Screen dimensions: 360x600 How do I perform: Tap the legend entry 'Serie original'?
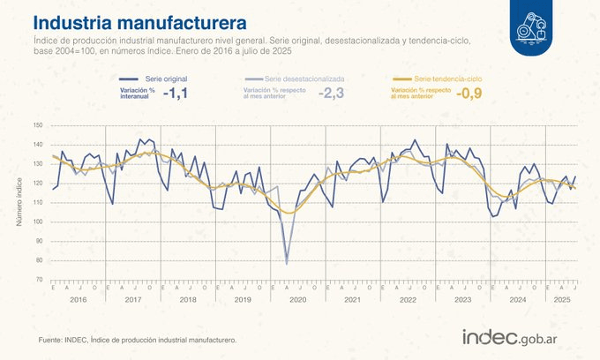coord(166,79)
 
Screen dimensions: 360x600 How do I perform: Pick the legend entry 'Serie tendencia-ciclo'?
coord(447,79)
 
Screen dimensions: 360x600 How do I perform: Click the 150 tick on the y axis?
coord(37,125)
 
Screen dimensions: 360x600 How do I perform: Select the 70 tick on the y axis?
coord(39,280)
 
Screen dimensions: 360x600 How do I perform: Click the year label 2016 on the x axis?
coord(78,300)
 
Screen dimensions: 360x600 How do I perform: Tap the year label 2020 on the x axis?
coord(297,300)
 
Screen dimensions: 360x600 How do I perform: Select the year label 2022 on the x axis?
coord(408,300)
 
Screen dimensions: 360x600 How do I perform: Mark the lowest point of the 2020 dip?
coord(287,263)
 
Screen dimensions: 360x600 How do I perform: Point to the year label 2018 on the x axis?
coord(188,300)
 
